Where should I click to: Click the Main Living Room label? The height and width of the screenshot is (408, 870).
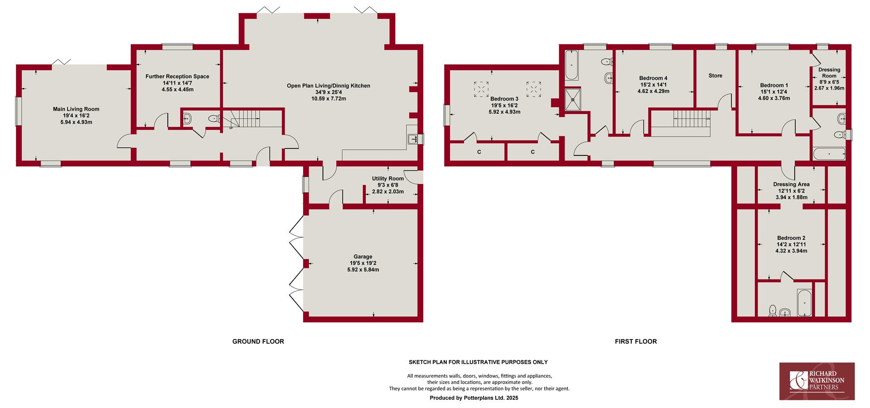[x=76, y=109]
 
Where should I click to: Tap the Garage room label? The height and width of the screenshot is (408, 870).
[x=363, y=257]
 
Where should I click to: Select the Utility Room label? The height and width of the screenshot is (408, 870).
[x=388, y=179]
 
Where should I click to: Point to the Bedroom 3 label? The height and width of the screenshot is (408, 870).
[x=504, y=99]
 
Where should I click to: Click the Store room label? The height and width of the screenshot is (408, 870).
[x=715, y=76]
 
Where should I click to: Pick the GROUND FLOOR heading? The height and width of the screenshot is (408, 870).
[x=258, y=341]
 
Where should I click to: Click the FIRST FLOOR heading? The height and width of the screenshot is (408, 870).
[x=636, y=341]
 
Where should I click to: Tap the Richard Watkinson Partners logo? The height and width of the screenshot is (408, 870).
[x=817, y=381]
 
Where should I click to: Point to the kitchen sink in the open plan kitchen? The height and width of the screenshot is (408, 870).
[x=413, y=139]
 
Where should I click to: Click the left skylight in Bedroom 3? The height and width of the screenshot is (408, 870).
[x=481, y=89]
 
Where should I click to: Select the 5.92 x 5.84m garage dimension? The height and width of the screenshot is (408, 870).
[x=363, y=270]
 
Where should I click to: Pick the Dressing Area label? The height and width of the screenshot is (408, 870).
[x=791, y=185]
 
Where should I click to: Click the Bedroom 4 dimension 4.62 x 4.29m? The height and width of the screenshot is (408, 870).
[x=653, y=91]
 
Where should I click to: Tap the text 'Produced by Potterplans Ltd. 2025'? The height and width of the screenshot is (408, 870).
[x=474, y=398]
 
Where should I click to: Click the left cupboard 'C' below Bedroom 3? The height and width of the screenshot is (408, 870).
[x=479, y=152]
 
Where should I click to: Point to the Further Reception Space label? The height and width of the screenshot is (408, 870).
[x=177, y=76]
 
